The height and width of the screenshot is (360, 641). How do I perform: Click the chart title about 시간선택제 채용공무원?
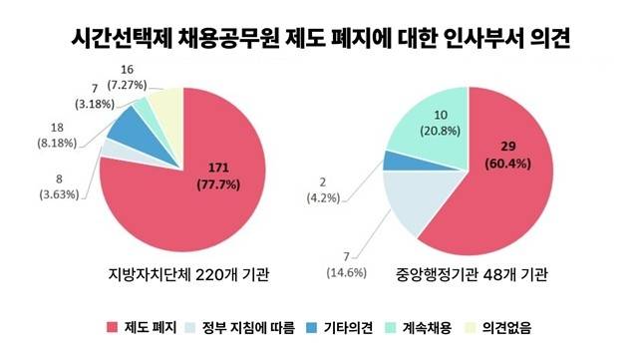pyautogui.click(x=320, y=39)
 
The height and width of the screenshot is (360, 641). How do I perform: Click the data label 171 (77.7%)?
pyautogui.click(x=218, y=173)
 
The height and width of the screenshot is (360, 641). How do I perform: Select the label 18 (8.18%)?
pyautogui.click(x=42, y=135)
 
